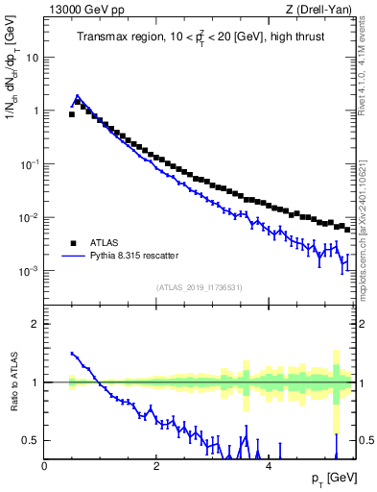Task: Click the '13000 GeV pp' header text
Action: click(x=81, y=10)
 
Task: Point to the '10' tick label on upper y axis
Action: click(x=33, y=58)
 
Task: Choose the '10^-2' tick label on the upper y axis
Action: click(x=29, y=218)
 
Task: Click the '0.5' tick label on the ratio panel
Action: click(x=31, y=440)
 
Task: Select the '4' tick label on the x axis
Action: click(x=268, y=466)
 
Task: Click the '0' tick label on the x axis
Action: click(x=45, y=466)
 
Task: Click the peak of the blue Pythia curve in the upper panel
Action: click(x=78, y=96)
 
